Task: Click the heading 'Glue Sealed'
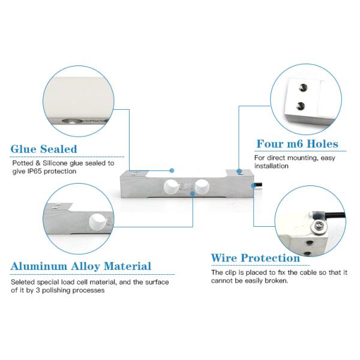(x=44, y=149)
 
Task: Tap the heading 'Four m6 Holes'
(x=298, y=144)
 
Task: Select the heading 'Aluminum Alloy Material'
(x=81, y=266)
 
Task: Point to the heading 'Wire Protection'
(x=256, y=258)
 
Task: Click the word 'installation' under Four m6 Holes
(x=271, y=166)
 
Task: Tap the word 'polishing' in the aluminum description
(x=56, y=290)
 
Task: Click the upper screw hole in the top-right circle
(x=303, y=87)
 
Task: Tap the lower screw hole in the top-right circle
(x=301, y=106)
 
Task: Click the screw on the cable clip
(x=319, y=225)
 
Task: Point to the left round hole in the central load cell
(x=171, y=187)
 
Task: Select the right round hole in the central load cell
(x=202, y=187)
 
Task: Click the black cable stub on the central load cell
(x=258, y=185)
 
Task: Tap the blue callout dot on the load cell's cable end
(x=253, y=185)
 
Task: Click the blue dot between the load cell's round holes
(x=193, y=194)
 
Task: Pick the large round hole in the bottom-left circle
(x=97, y=222)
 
